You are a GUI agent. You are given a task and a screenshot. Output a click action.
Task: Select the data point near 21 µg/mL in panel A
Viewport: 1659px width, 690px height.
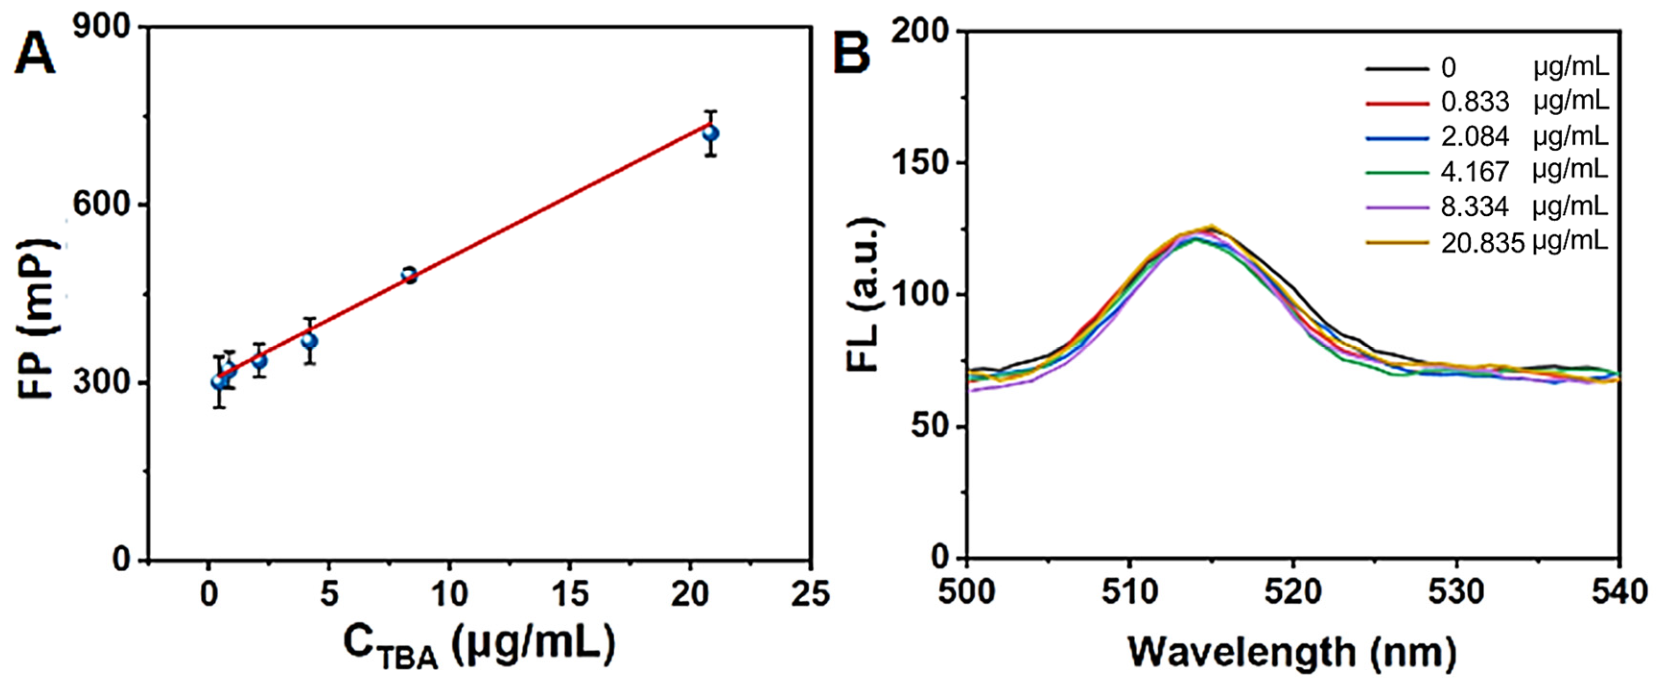(710, 134)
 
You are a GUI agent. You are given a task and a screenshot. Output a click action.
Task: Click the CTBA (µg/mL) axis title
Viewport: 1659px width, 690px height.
(479, 646)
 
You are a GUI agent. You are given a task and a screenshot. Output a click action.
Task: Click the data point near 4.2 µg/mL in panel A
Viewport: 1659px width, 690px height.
(310, 340)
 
